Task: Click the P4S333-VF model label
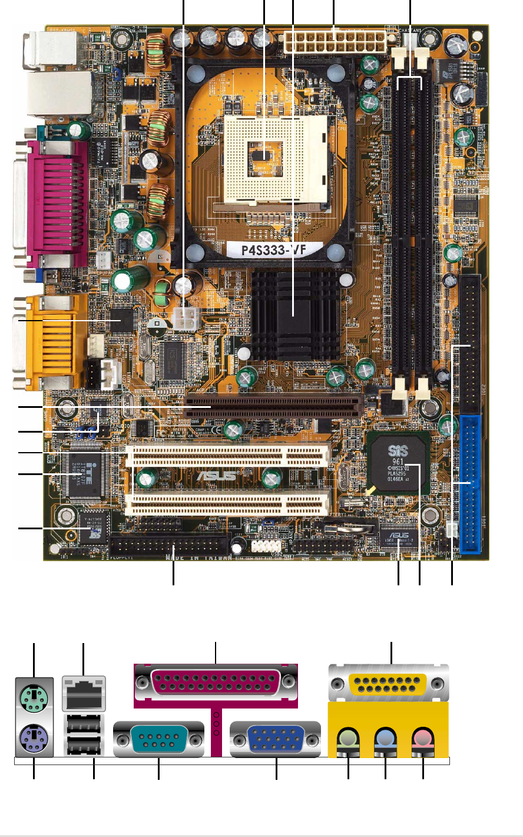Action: pyautogui.click(x=274, y=249)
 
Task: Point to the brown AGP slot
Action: pyautogui.click(x=272, y=406)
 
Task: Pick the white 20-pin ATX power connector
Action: pyautogui.click(x=334, y=41)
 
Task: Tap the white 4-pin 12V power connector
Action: pyautogui.click(x=186, y=321)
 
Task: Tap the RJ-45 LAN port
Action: pyautogui.click(x=83, y=693)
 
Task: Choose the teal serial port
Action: pyautogui.click(x=158, y=739)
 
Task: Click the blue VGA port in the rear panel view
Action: pyautogui.click(x=276, y=739)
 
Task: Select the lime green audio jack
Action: pyautogui.click(x=348, y=737)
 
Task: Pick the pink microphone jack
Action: pyautogui.click(x=423, y=737)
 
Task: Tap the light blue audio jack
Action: pyautogui.click(x=385, y=737)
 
